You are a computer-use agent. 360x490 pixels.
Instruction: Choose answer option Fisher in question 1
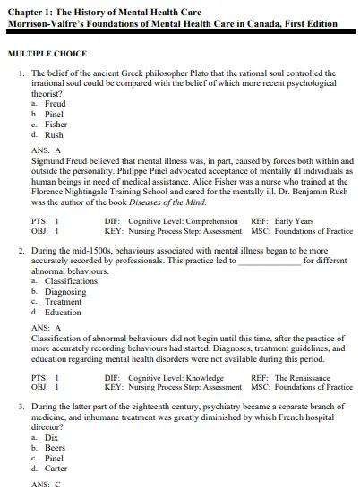[56, 125]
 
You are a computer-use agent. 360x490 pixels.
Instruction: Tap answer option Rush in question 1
[54, 135]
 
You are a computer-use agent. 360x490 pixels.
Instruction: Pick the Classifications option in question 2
[70, 280]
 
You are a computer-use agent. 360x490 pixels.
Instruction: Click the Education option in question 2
[63, 313]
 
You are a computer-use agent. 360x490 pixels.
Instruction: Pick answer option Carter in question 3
[56, 469]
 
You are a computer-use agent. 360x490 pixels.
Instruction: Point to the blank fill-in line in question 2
[270, 262]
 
